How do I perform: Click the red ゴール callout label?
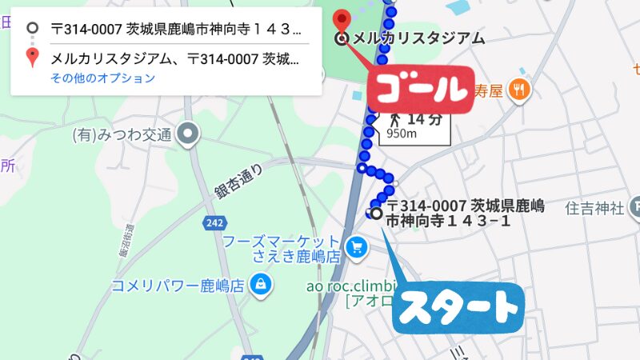[x=416, y=89]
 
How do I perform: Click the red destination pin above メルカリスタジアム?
[x=342, y=18]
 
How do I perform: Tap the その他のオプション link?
[x=102, y=78]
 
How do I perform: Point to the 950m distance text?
[x=402, y=134]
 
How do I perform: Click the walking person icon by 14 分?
[x=394, y=119]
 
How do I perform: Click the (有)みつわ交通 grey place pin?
[x=189, y=134]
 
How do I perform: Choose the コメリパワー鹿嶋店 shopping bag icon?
[x=260, y=283]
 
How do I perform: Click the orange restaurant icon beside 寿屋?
[x=520, y=90]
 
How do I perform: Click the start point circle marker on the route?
[x=377, y=213]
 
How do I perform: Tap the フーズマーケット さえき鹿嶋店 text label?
[x=282, y=248]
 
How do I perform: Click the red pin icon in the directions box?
[x=32, y=58]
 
